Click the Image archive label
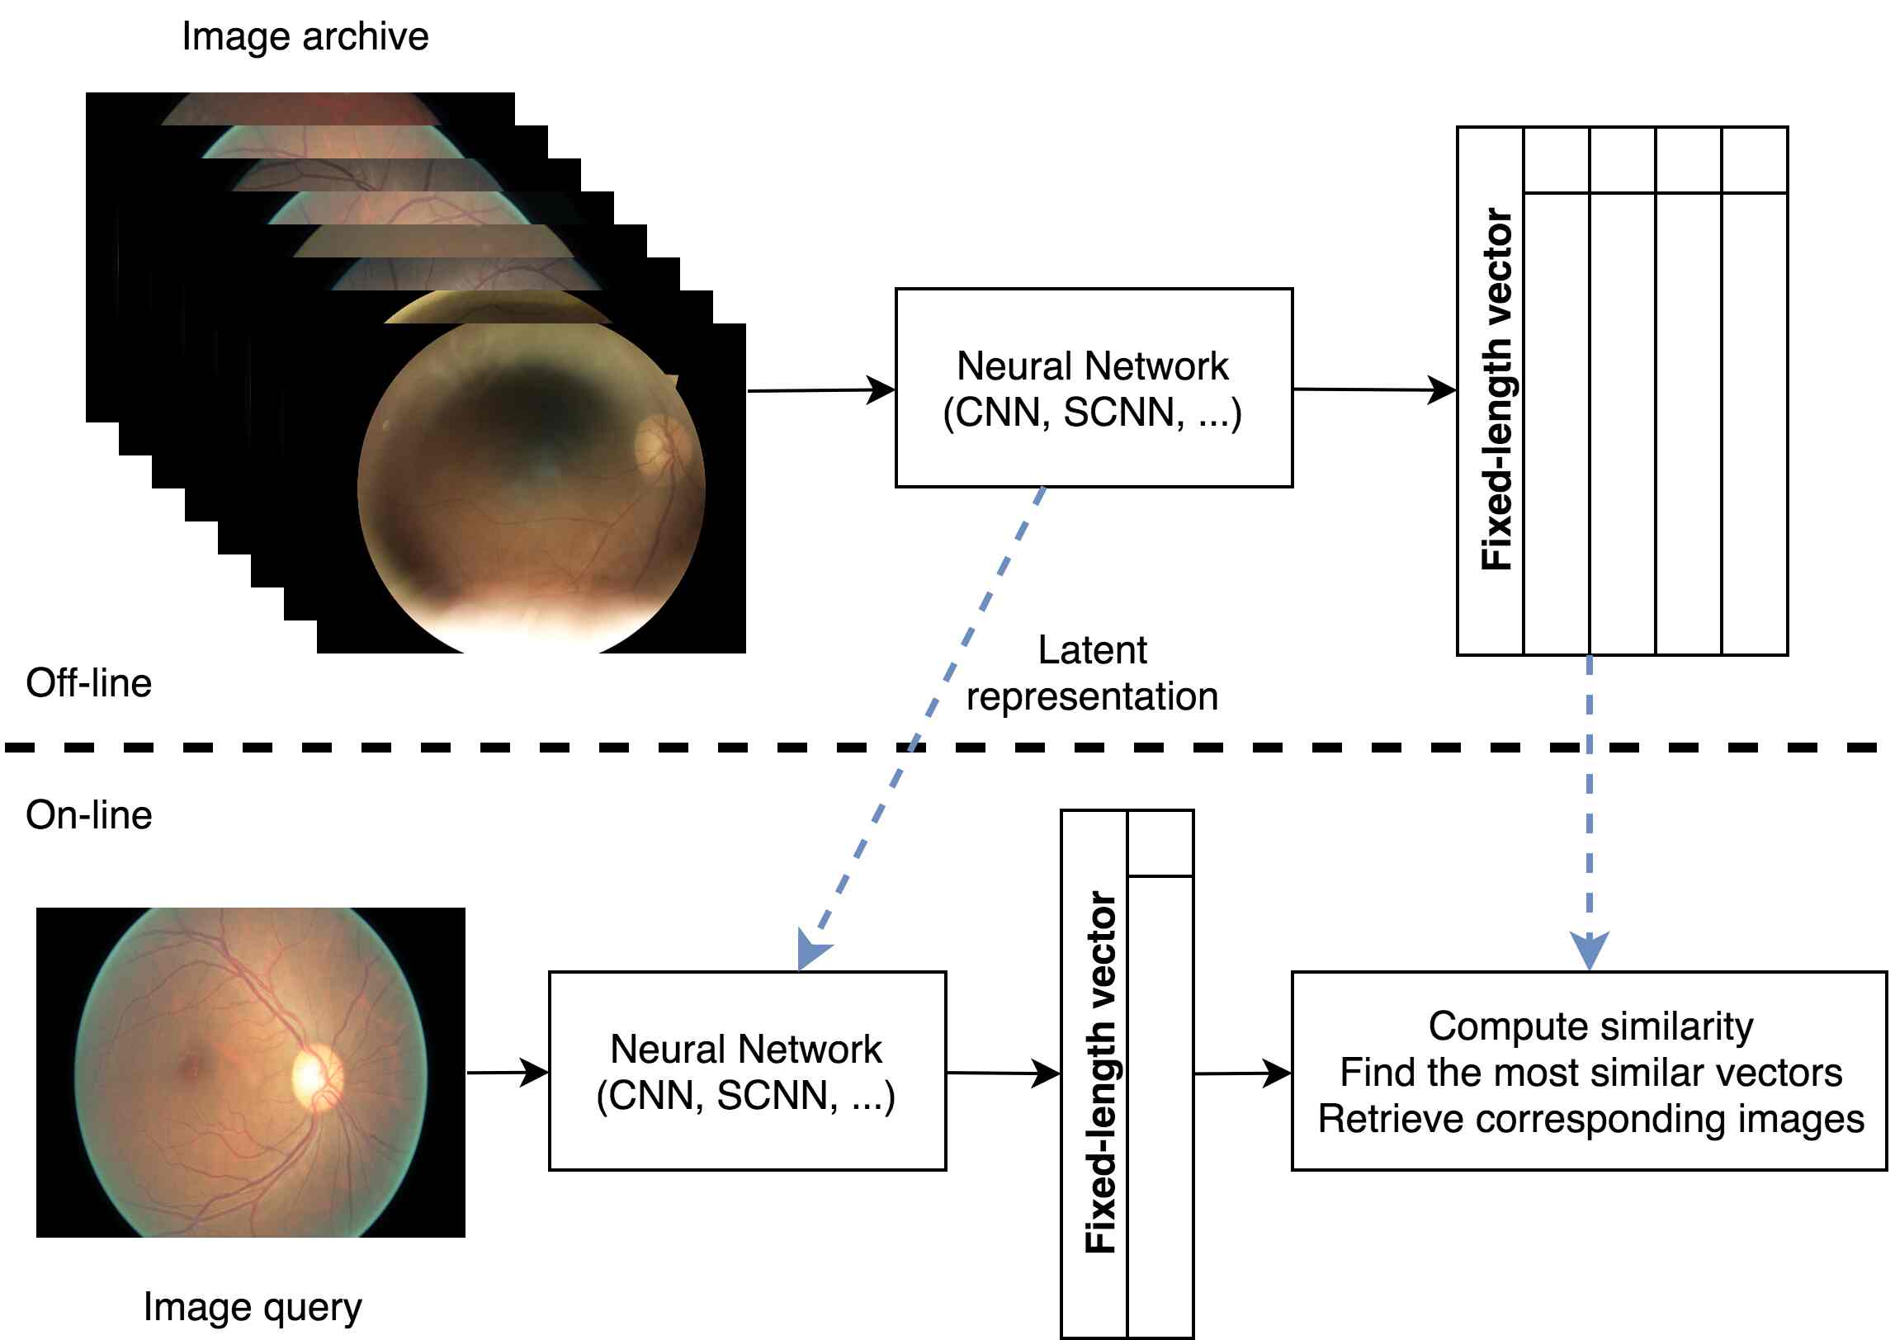click(x=305, y=37)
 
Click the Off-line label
click(x=88, y=683)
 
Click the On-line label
click(x=88, y=815)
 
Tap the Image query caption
click(x=252, y=1307)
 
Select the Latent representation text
click(x=1091, y=673)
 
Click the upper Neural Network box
click(x=1093, y=388)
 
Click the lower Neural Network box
click(x=746, y=1071)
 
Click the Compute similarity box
click(x=1589, y=1071)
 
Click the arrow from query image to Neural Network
click(x=507, y=1073)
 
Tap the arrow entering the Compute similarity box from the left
click(x=1242, y=1073)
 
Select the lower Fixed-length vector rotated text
click(x=1099, y=1073)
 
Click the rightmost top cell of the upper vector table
click(x=1754, y=160)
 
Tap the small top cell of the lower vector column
click(x=1160, y=843)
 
